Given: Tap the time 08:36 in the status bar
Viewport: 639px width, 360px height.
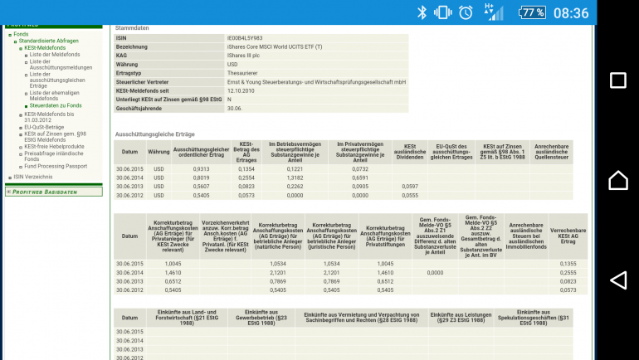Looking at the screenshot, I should [x=571, y=12].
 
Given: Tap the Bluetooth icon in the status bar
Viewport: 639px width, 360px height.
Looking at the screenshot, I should [x=422, y=12].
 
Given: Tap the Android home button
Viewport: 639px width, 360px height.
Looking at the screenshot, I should [x=617, y=180].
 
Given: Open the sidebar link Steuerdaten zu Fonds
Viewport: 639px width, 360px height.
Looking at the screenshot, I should [x=56, y=105].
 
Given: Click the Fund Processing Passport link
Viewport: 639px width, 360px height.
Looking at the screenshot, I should [x=56, y=166].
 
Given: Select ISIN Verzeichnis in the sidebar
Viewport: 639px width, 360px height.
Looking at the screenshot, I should [x=32, y=177].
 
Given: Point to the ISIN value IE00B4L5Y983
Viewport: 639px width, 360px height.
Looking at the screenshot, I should [x=245, y=38].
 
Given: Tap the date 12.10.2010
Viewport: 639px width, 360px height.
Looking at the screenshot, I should [x=241, y=90].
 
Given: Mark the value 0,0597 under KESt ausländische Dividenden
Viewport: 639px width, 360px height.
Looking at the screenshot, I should [x=409, y=187].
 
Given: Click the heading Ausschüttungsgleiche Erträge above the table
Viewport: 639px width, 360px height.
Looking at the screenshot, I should [x=155, y=134].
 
